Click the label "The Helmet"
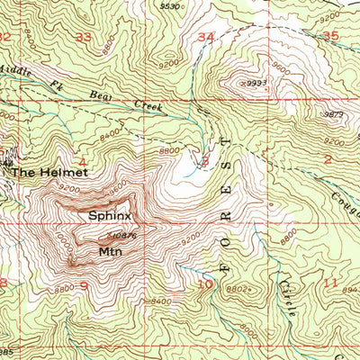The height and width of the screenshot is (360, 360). [43, 169]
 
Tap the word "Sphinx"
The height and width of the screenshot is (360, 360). [110, 216]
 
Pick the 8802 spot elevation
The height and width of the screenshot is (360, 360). [238, 289]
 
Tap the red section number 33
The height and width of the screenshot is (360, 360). [85, 37]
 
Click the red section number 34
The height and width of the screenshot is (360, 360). [206, 37]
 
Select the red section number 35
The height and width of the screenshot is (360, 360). [329, 35]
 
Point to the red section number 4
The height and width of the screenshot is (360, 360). [83, 163]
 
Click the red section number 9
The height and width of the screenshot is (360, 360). [83, 286]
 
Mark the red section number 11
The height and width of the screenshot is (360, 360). [329, 283]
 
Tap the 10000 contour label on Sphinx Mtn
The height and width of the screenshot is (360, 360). [63, 241]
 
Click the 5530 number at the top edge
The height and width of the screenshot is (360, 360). [168, 5]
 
